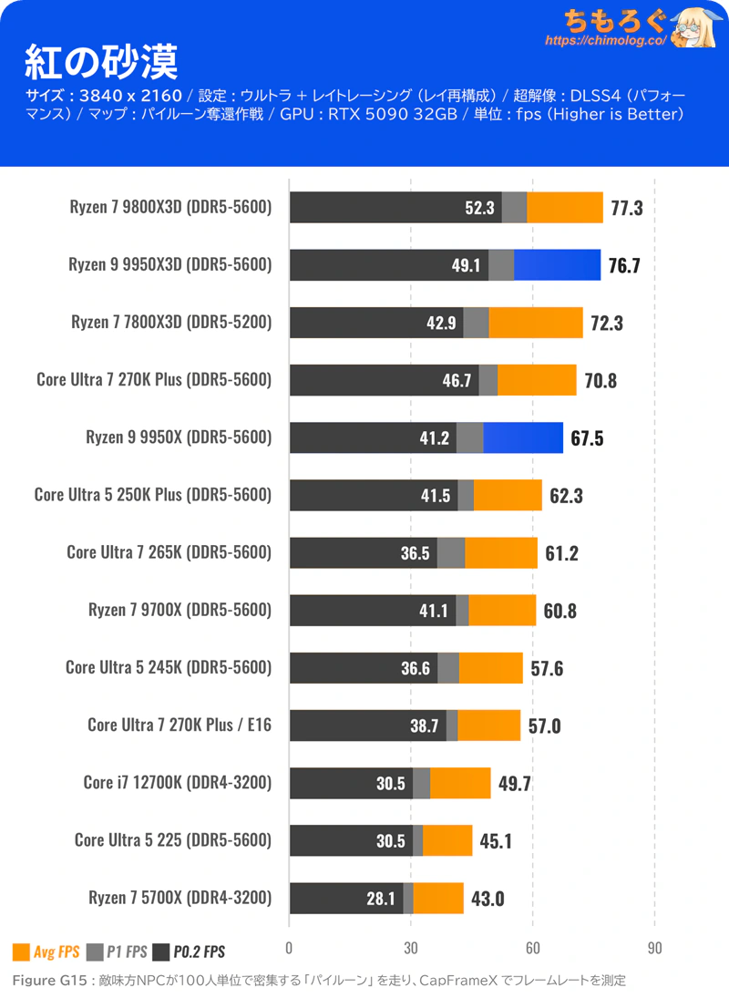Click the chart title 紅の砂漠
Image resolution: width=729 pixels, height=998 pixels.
100,61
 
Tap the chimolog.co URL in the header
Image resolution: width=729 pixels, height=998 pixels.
606,41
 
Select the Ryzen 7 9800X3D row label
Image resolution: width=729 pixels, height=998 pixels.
170,207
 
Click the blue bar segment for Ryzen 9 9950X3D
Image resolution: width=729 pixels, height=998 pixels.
558,265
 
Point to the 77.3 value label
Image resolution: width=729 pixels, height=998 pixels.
627,208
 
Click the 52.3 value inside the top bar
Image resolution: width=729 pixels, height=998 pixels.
479,208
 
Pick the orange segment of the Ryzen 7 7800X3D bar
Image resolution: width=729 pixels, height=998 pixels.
536,323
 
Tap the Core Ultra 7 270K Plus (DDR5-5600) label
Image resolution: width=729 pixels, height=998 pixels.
154,380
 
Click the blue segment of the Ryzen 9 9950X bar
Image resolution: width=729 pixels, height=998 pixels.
523,437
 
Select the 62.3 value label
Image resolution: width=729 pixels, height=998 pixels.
566,496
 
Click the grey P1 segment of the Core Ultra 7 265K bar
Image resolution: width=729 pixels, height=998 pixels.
451,552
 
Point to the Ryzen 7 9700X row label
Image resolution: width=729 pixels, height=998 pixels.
180,611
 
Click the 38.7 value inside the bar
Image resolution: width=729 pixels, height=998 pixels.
425,726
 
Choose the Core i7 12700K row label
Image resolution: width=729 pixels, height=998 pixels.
178,783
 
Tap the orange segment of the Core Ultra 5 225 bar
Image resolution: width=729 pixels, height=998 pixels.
447,841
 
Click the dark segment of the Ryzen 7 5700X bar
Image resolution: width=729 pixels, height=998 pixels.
346,898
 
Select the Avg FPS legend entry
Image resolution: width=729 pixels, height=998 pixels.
46,952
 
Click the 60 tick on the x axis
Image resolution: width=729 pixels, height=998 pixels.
532,949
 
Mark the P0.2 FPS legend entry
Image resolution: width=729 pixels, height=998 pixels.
190,952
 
